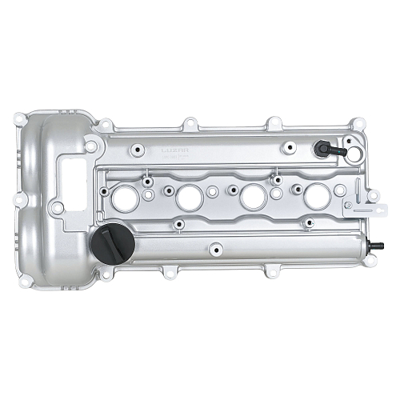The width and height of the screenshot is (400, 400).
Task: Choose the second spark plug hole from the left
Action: click(189, 197)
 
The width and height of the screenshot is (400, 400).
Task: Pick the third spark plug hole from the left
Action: click(253, 196)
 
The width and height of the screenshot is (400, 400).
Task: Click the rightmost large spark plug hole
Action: click(316, 194)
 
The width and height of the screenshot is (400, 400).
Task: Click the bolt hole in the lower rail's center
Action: click(214, 249)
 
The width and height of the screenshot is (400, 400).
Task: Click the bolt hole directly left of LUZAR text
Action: click(138, 149)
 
